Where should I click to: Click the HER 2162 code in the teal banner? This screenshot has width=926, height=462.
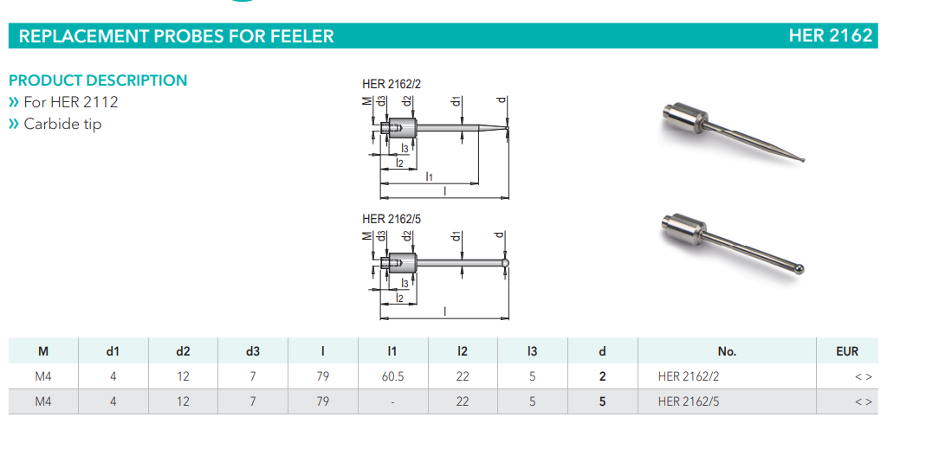point(831,36)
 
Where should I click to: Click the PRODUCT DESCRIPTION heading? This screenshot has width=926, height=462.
point(98,80)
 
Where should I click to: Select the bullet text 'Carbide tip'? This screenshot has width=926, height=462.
point(62,124)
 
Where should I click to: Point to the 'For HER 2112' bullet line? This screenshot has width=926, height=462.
point(71,102)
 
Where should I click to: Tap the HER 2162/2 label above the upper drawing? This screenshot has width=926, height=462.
point(392,84)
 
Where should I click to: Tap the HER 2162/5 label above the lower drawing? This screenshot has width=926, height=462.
point(392,219)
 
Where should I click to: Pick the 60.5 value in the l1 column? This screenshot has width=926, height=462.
point(392,376)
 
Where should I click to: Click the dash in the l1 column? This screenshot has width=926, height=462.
point(392,401)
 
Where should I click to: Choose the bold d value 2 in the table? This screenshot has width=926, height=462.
point(602,376)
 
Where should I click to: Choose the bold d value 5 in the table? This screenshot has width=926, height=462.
point(602,401)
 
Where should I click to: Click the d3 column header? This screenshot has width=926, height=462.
point(252,351)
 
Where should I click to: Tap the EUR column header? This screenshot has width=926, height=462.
point(847,351)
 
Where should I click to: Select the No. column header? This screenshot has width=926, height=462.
point(727,351)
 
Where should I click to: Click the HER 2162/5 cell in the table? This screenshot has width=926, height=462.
point(689,401)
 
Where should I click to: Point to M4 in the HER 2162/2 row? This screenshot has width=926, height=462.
point(43,376)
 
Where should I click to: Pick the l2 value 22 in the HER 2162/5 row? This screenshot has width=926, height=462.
point(463,401)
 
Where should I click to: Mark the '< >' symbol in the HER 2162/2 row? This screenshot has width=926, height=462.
point(863,376)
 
